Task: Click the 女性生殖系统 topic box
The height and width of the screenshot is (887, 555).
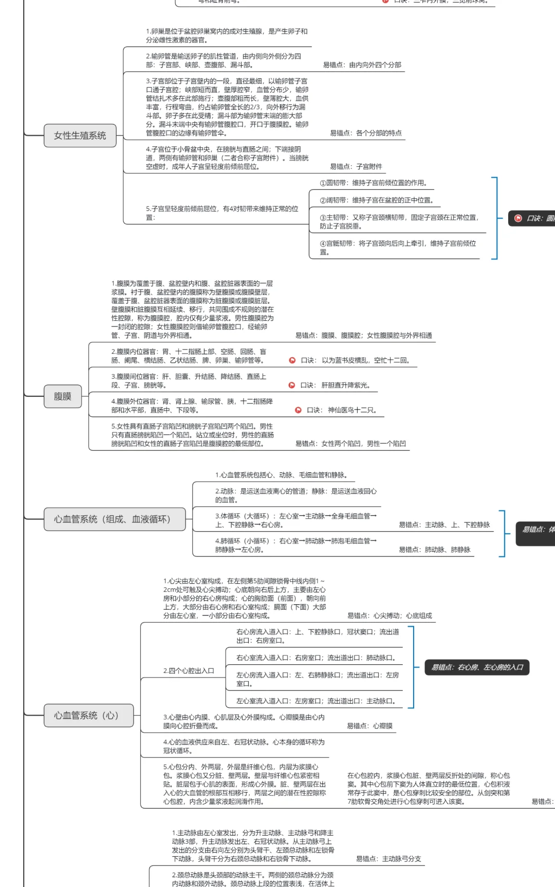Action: (80, 136)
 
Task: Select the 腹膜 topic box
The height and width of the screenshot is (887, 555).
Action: (63, 396)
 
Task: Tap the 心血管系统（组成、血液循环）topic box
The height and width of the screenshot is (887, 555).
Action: (112, 519)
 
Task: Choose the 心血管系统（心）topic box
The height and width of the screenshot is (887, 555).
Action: (86, 716)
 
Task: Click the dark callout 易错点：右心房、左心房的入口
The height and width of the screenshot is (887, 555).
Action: (477, 667)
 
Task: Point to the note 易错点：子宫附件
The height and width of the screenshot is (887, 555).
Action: (356, 166)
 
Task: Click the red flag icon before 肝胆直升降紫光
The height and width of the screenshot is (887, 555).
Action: (292, 385)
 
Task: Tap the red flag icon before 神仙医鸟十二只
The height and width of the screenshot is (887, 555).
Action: (298, 410)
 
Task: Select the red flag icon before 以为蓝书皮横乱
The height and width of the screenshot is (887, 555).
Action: (292, 360)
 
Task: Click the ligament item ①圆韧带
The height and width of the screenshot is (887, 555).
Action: (373, 183)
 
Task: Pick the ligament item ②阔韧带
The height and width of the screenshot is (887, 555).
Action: (376, 200)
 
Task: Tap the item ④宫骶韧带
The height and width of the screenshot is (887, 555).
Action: (398, 247)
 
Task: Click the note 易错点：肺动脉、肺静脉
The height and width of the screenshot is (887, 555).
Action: (434, 550)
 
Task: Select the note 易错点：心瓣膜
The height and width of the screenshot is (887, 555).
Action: (369, 726)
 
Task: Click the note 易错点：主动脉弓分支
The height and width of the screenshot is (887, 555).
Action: (388, 859)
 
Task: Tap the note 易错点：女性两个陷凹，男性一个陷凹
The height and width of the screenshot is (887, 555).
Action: (350, 444)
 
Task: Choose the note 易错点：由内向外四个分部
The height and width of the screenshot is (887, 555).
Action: (362, 65)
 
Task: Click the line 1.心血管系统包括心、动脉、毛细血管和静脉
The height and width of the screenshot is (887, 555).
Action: (281, 475)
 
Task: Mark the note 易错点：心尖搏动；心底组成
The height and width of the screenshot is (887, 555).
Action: (390, 615)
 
